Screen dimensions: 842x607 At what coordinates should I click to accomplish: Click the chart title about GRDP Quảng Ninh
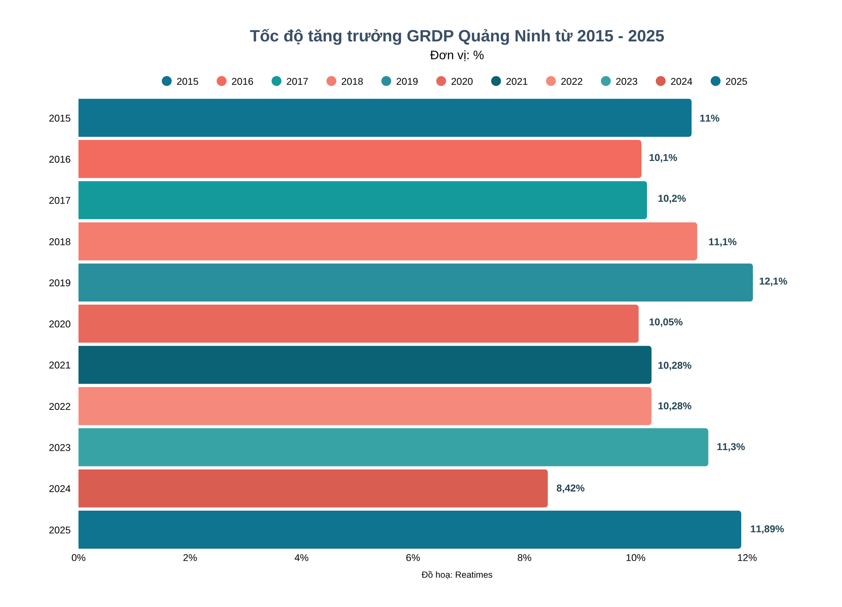(x=457, y=36)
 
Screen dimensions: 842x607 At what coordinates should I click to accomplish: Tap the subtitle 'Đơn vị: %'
(x=457, y=55)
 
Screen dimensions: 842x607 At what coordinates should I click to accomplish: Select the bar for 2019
(x=415, y=283)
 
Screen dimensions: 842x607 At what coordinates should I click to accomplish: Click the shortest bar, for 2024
(x=313, y=488)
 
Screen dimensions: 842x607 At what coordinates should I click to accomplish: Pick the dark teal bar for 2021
(x=365, y=365)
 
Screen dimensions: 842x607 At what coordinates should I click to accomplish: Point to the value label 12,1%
(x=773, y=281)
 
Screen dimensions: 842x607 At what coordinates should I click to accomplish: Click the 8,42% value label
(x=570, y=488)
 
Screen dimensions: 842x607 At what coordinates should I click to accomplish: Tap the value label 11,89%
(x=767, y=529)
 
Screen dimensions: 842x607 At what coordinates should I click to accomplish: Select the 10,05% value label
(x=666, y=322)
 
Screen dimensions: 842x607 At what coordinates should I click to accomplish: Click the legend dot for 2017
(x=277, y=81)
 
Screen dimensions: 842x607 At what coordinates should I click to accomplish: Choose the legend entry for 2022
(x=564, y=81)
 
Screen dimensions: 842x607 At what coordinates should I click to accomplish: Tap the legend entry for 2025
(x=729, y=81)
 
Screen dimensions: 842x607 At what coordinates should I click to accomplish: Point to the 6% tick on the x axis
(x=413, y=558)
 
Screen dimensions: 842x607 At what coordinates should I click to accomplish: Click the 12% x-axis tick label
(x=747, y=558)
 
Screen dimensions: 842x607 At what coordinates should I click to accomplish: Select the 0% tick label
(x=78, y=558)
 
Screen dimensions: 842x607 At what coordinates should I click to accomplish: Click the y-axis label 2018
(x=59, y=242)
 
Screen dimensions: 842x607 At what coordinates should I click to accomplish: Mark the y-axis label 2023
(x=59, y=448)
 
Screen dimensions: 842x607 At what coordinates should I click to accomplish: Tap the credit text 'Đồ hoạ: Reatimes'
(x=457, y=575)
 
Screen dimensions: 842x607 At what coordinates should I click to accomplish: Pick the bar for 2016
(x=360, y=159)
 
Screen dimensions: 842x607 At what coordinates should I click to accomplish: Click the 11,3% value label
(x=731, y=447)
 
